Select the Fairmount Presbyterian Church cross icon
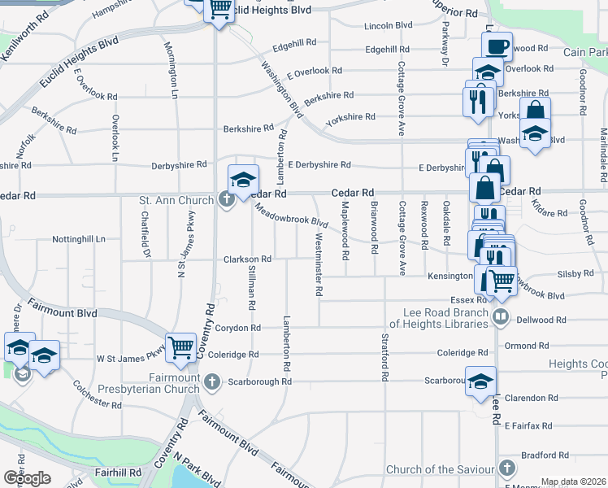pos(212,380)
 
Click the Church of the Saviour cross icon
pos(507,468)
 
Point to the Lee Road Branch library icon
pos(502,316)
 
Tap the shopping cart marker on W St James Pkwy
pos(181,347)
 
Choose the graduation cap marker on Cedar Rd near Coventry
pos(243,181)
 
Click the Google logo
pos(27,478)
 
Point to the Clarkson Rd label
pos(247,259)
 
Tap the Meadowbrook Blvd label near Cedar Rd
pos(291,215)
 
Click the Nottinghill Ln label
pos(79,240)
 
